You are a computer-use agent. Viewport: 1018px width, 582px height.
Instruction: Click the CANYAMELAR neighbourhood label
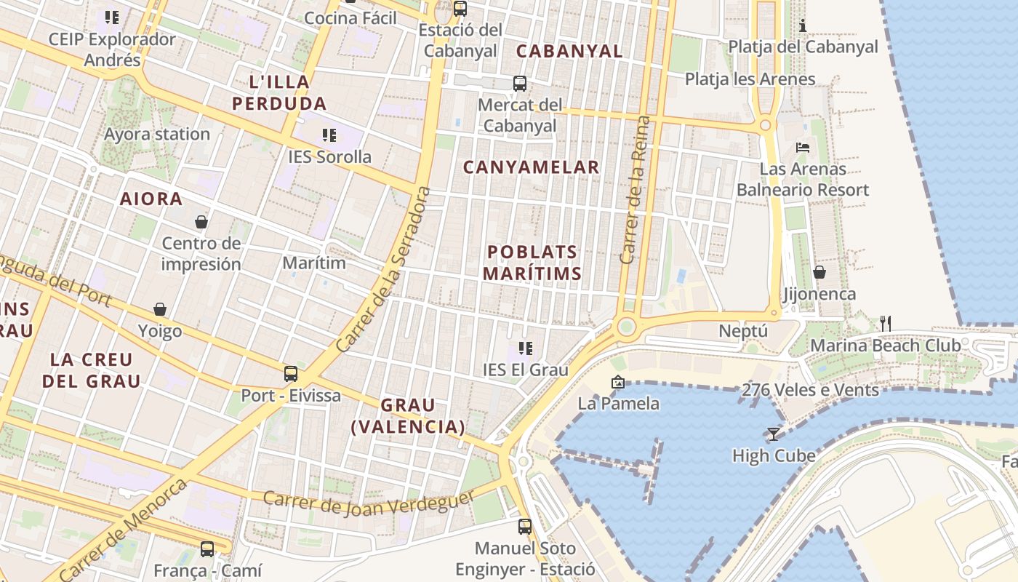click(x=532, y=167)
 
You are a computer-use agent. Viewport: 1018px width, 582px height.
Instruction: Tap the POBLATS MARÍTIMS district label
click(x=533, y=263)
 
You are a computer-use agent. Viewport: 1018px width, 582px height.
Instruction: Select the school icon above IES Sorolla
click(x=329, y=135)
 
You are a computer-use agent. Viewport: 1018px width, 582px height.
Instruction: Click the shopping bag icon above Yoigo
click(x=160, y=310)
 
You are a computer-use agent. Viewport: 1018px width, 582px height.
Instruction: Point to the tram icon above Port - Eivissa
click(x=291, y=374)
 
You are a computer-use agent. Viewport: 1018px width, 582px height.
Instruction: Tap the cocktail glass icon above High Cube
click(x=773, y=434)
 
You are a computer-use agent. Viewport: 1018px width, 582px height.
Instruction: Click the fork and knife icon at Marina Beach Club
click(x=885, y=323)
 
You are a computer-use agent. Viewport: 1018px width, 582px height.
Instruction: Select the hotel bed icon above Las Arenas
click(x=803, y=147)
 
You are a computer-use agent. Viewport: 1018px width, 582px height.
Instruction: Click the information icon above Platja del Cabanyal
click(x=803, y=26)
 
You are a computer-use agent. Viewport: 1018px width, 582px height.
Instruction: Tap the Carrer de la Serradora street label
click(x=385, y=270)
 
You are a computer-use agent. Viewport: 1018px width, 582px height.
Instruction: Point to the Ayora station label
click(x=157, y=134)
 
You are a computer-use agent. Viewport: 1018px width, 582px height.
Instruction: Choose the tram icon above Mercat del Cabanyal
click(x=520, y=84)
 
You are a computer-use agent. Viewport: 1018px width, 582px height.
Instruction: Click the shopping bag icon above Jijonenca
click(x=819, y=272)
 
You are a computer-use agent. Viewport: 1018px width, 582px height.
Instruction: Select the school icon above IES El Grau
click(x=526, y=348)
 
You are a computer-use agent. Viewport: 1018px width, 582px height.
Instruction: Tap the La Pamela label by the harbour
click(x=619, y=403)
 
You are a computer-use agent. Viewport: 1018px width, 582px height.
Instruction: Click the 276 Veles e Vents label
click(x=810, y=390)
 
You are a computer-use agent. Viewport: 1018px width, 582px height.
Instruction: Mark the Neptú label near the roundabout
click(x=743, y=331)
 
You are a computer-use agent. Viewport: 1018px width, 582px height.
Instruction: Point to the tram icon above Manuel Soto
click(x=525, y=526)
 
